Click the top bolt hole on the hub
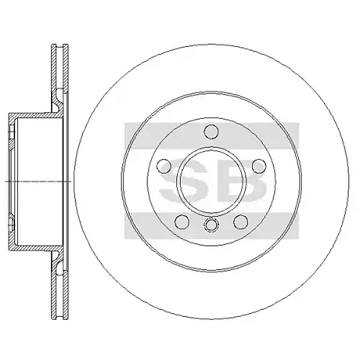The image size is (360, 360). coord(211,131)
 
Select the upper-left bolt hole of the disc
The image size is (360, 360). coord(163,166)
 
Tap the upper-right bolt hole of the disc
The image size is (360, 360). coord(259,166)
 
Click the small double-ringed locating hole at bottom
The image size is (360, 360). coord(211,226)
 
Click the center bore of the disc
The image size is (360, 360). coord(211,181)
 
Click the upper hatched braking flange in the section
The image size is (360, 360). coord(58,72)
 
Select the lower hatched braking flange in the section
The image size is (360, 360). coord(58,288)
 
